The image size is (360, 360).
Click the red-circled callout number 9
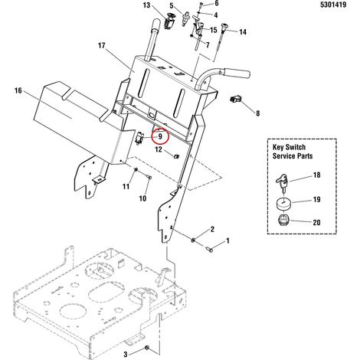pyautogui.click(x=160, y=136)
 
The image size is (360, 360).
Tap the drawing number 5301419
pyautogui.click(x=333, y=5)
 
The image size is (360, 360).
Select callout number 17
pyautogui.click(x=102, y=46)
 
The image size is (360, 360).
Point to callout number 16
pyautogui.click(x=18, y=90)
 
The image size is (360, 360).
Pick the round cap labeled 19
pyautogui.click(x=283, y=204)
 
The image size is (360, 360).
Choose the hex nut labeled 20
pyautogui.click(x=283, y=220)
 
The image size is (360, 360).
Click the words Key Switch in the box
pyautogui.click(x=289, y=147)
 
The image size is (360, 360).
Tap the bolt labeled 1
pyautogui.click(x=209, y=250)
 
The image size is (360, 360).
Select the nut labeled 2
pyautogui.click(x=194, y=240)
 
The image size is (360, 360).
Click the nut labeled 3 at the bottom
pyautogui.click(x=147, y=348)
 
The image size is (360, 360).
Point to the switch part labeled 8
pyautogui.click(x=235, y=99)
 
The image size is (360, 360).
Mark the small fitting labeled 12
pyautogui.click(x=176, y=155)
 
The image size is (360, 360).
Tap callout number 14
pyautogui.click(x=243, y=32)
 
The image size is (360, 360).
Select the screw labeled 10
pyautogui.click(x=149, y=176)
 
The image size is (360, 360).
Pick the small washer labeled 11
pyautogui.click(x=136, y=170)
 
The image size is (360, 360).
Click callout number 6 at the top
pyautogui.click(x=217, y=3)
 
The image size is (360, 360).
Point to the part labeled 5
pyautogui.click(x=184, y=18)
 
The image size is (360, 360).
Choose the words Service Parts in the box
pyautogui.click(x=293, y=156)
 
